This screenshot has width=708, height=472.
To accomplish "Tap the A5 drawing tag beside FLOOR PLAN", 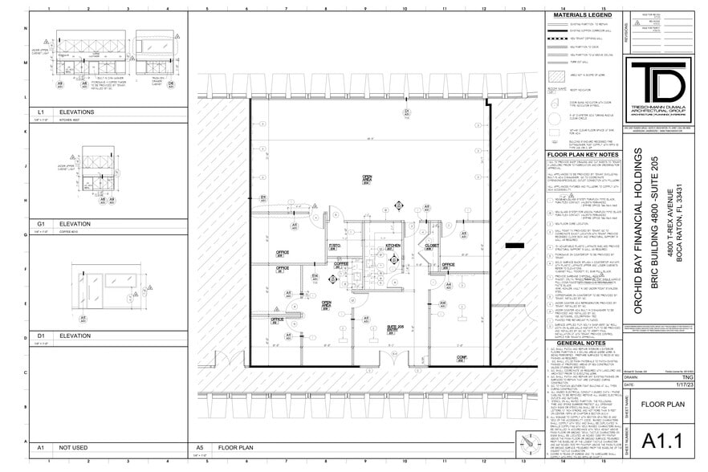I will click(199, 447).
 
